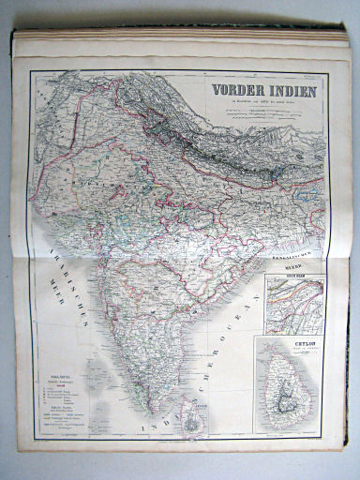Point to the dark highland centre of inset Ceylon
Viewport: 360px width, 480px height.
pyautogui.click(x=293, y=388)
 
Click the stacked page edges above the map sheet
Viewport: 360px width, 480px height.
pyautogui.click(x=178, y=42)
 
